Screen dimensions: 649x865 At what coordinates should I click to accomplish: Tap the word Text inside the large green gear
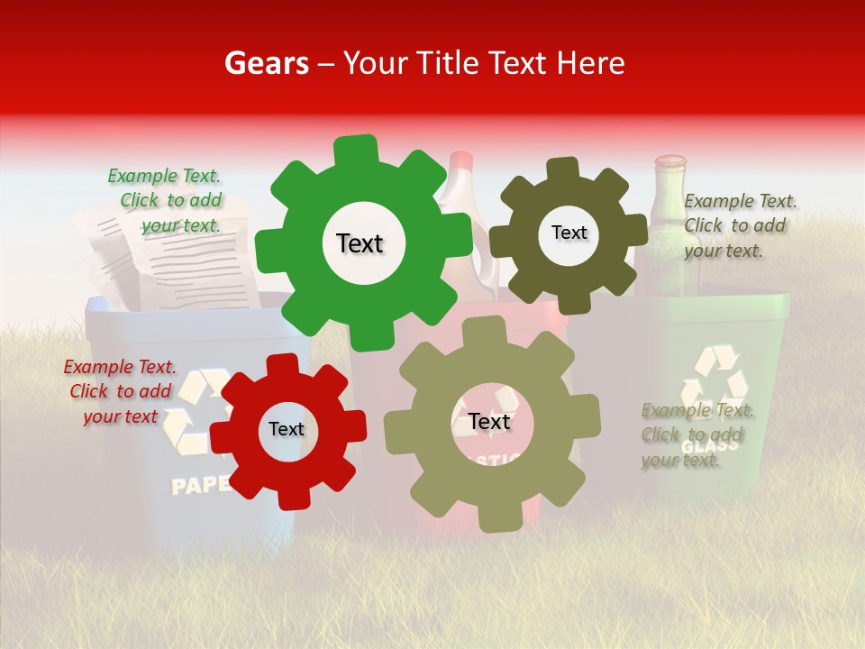(x=360, y=243)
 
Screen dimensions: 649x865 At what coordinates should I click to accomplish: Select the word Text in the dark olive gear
(x=569, y=233)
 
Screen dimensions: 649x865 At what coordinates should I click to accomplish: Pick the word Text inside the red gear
(x=287, y=429)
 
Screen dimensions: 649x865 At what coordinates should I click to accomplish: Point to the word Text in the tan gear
(x=489, y=422)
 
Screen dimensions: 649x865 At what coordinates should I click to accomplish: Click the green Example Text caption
(x=165, y=200)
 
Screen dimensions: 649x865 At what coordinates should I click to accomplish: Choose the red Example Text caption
(x=120, y=391)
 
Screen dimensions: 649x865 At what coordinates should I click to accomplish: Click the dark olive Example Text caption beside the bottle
(x=739, y=225)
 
